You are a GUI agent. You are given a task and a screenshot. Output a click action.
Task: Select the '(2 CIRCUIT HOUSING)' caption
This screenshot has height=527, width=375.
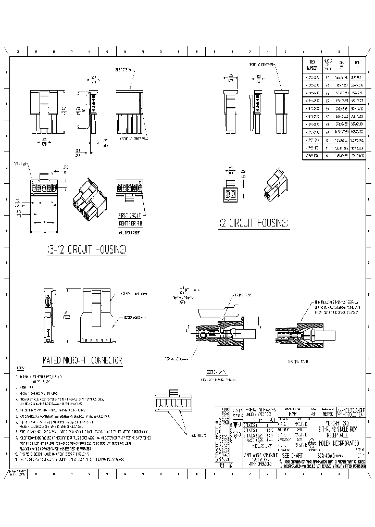253,223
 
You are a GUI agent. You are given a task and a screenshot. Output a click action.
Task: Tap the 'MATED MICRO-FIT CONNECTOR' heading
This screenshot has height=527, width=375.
82,360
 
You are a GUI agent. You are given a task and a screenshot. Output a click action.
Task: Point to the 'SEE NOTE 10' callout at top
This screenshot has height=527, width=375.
124,69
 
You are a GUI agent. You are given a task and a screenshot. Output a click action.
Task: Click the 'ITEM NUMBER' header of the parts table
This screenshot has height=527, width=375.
312,65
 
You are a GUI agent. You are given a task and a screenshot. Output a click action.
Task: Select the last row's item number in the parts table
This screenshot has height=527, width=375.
312,156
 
